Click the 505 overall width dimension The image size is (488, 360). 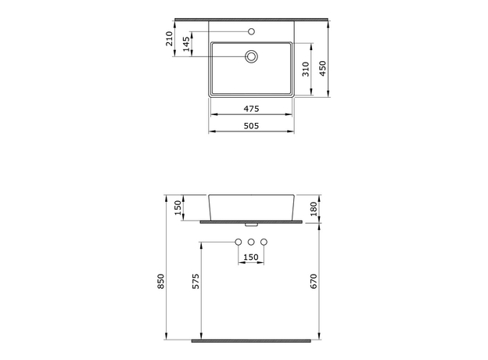click(251, 125)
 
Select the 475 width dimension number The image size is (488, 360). click(251, 109)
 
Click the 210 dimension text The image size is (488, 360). click(169, 38)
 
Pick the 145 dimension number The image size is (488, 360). click(185, 45)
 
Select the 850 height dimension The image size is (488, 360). click(161, 282)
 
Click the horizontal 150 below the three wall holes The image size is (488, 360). click(251, 257)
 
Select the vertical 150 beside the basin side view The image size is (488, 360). click(178, 207)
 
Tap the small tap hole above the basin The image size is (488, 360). click(252, 32)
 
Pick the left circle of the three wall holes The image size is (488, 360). click(239, 242)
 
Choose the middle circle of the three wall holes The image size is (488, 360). click(252, 242)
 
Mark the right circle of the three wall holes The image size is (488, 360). click(264, 242)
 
